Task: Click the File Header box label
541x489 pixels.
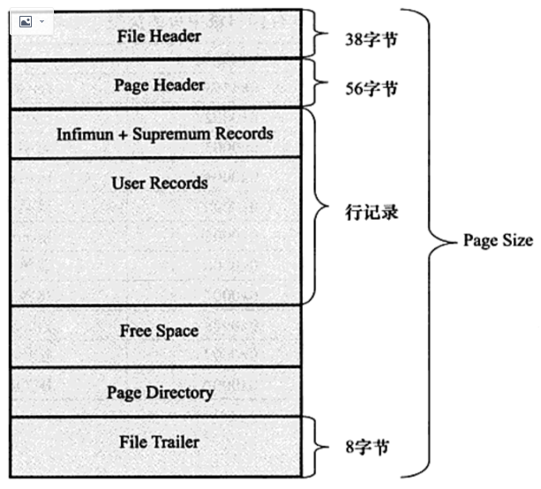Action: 159,36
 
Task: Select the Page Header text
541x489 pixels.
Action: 159,86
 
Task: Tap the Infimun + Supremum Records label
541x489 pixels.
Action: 164,134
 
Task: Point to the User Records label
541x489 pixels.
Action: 160,184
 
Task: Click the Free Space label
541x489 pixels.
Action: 159,331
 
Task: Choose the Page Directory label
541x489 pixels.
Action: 160,392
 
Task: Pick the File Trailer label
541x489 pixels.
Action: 159,441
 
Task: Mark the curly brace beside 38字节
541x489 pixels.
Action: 319,35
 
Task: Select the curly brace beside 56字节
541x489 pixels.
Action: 319,84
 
